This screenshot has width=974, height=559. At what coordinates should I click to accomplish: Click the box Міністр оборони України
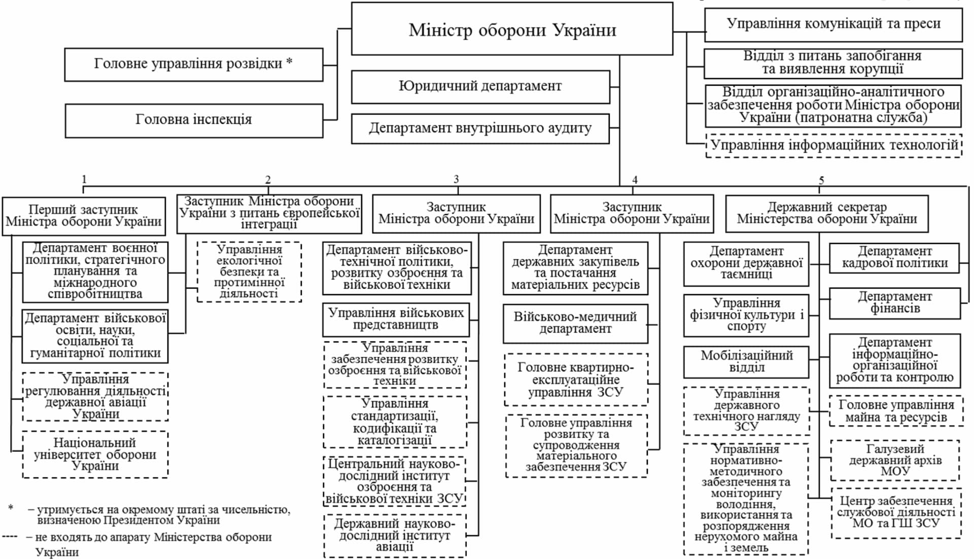(x=512, y=29)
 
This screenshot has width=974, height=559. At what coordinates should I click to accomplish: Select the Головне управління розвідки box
(x=193, y=64)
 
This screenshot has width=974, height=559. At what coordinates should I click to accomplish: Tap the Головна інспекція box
(x=193, y=120)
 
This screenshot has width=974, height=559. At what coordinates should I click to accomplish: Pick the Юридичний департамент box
(x=480, y=87)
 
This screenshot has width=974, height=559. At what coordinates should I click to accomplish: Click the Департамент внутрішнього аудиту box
(x=480, y=129)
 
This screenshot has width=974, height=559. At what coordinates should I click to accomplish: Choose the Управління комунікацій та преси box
(x=833, y=24)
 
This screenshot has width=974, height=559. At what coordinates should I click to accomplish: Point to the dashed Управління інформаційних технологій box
(x=833, y=146)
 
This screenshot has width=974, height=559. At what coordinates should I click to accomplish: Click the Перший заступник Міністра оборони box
(x=84, y=216)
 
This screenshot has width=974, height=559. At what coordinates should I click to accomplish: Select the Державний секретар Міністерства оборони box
(x=826, y=214)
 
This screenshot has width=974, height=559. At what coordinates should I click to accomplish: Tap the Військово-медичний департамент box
(x=575, y=323)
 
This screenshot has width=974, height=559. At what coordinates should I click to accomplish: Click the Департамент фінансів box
(x=894, y=303)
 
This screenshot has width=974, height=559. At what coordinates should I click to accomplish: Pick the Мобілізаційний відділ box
(x=746, y=362)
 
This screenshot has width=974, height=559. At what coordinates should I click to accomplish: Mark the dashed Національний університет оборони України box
(x=95, y=455)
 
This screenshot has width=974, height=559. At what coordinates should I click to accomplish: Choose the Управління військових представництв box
(x=396, y=320)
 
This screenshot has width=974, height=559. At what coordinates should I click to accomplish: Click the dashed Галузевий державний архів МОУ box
(x=895, y=460)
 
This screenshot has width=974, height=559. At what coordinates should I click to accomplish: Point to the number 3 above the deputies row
(x=456, y=179)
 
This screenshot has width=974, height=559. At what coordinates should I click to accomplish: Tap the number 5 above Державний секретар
(x=821, y=180)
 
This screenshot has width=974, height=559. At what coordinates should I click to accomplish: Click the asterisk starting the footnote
(x=11, y=508)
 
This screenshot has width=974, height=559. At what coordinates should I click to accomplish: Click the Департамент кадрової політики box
(x=894, y=258)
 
